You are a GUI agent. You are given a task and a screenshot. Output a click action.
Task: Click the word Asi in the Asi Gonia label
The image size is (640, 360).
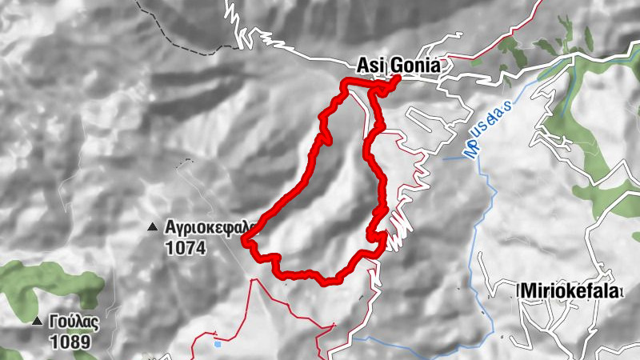369,67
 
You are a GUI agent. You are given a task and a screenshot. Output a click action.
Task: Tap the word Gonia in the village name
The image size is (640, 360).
412,67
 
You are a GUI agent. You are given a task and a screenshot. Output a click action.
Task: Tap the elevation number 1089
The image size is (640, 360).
69,342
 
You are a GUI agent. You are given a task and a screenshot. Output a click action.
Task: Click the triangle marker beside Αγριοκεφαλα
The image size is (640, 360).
152,228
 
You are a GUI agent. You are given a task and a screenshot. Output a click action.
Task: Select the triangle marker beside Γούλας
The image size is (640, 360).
37,322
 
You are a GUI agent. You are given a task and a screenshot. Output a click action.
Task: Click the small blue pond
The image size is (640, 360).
218,345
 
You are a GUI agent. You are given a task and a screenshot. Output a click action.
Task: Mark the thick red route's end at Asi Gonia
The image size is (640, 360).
397,81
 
